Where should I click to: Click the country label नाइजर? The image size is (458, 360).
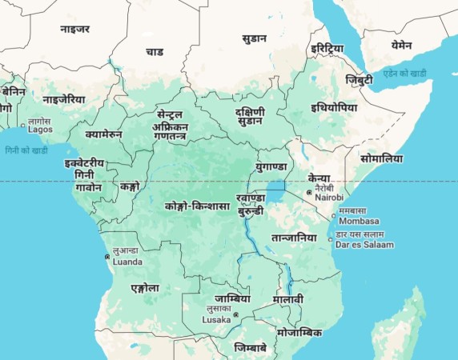click(74, 29)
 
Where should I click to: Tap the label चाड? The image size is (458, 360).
click(155, 52)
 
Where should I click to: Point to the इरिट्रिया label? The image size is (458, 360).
click(327, 49)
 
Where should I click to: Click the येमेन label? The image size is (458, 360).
click(401, 46)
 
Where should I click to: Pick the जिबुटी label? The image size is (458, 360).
click(360, 80)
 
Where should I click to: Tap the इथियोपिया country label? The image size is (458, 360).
click(334, 107)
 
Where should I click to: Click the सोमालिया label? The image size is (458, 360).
click(381, 158)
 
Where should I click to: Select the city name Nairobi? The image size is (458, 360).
click(329, 197)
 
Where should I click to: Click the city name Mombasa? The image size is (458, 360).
click(359, 221)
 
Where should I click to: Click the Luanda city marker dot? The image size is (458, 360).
click(107, 257)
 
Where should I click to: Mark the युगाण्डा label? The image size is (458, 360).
click(271, 166)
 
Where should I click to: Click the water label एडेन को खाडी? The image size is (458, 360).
click(404, 73)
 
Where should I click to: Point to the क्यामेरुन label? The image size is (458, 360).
click(103, 134)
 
